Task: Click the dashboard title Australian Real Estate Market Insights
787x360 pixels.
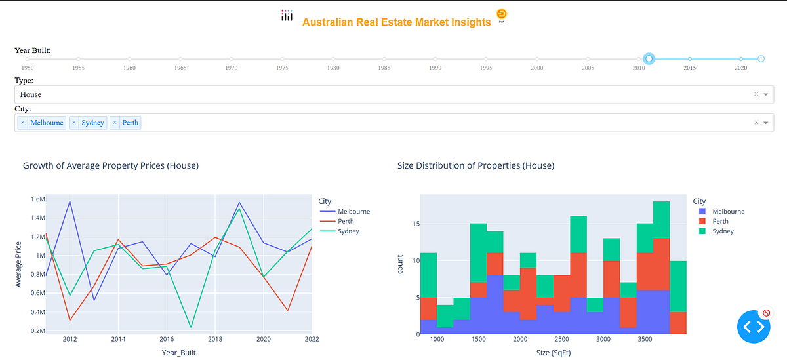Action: pyautogui.click(x=396, y=22)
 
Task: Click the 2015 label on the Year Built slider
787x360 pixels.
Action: pyautogui.click(x=689, y=68)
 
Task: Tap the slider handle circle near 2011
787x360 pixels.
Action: pyautogui.click(x=649, y=59)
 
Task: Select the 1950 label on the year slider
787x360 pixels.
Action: pyautogui.click(x=27, y=68)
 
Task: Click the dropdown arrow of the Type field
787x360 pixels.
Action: pyautogui.click(x=765, y=94)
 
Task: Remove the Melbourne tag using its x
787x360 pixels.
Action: pyautogui.click(x=22, y=123)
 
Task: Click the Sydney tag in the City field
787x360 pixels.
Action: pyautogui.click(x=92, y=123)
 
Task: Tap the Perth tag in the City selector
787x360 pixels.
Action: pyautogui.click(x=130, y=123)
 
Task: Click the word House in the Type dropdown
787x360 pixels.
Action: pyautogui.click(x=31, y=94)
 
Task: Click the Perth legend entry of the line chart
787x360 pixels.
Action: pyautogui.click(x=345, y=221)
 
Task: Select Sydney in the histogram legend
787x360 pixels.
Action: pyautogui.click(x=723, y=231)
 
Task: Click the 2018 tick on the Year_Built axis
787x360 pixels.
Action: pyautogui.click(x=215, y=339)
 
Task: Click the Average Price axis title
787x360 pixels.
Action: pyautogui.click(x=19, y=262)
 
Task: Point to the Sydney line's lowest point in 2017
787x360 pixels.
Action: pyautogui.click(x=191, y=327)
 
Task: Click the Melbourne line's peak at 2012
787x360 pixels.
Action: pyautogui.click(x=70, y=201)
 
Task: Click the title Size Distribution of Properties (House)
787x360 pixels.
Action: pyautogui.click(x=475, y=166)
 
